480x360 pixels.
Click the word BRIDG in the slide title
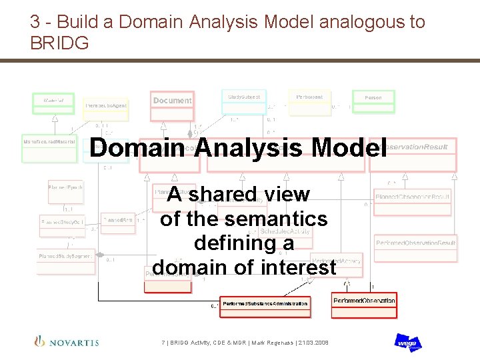coord(59,43)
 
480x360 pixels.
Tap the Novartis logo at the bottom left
coord(67,342)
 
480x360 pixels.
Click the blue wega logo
coord(407,343)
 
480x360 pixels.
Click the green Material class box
coord(54,103)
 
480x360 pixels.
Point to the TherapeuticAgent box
coord(105,109)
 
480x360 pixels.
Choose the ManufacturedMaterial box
coord(49,148)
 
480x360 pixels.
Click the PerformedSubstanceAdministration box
coord(265,304)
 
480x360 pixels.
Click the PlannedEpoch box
coord(65,192)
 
